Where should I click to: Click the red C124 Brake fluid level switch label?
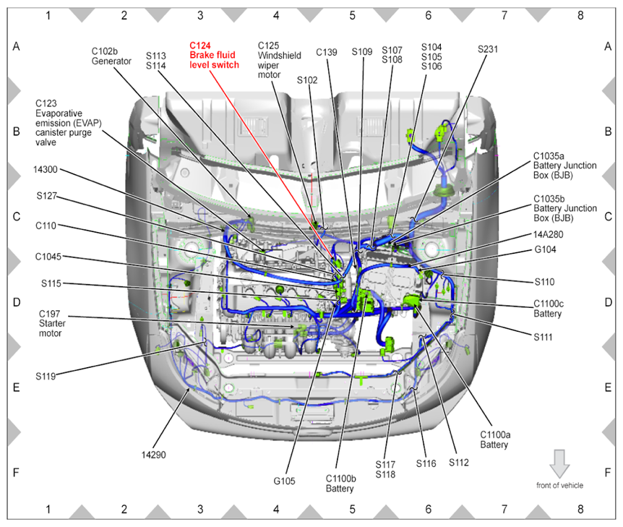click(x=214, y=55)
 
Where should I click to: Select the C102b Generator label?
click(x=111, y=56)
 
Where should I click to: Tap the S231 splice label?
click(x=488, y=49)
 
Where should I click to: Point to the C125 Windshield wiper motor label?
click(x=279, y=60)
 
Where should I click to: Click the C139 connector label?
click(x=327, y=52)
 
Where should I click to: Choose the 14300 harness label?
click(x=46, y=170)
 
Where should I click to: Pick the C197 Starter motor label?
click(x=52, y=324)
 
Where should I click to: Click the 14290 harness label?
click(x=153, y=455)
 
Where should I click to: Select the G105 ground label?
click(x=284, y=481)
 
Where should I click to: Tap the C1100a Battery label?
click(x=495, y=440)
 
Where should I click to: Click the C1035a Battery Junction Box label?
click(x=564, y=166)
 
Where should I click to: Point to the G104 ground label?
click(x=545, y=249)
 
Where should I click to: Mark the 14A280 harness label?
click(x=549, y=234)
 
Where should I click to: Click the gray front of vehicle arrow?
click(x=559, y=464)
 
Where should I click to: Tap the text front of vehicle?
click(x=559, y=485)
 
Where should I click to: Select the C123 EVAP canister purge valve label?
click(x=69, y=123)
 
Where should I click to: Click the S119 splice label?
click(x=46, y=377)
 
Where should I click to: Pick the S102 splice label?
click(x=307, y=80)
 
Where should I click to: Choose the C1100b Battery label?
click(x=340, y=484)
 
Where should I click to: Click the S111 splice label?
click(x=543, y=337)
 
